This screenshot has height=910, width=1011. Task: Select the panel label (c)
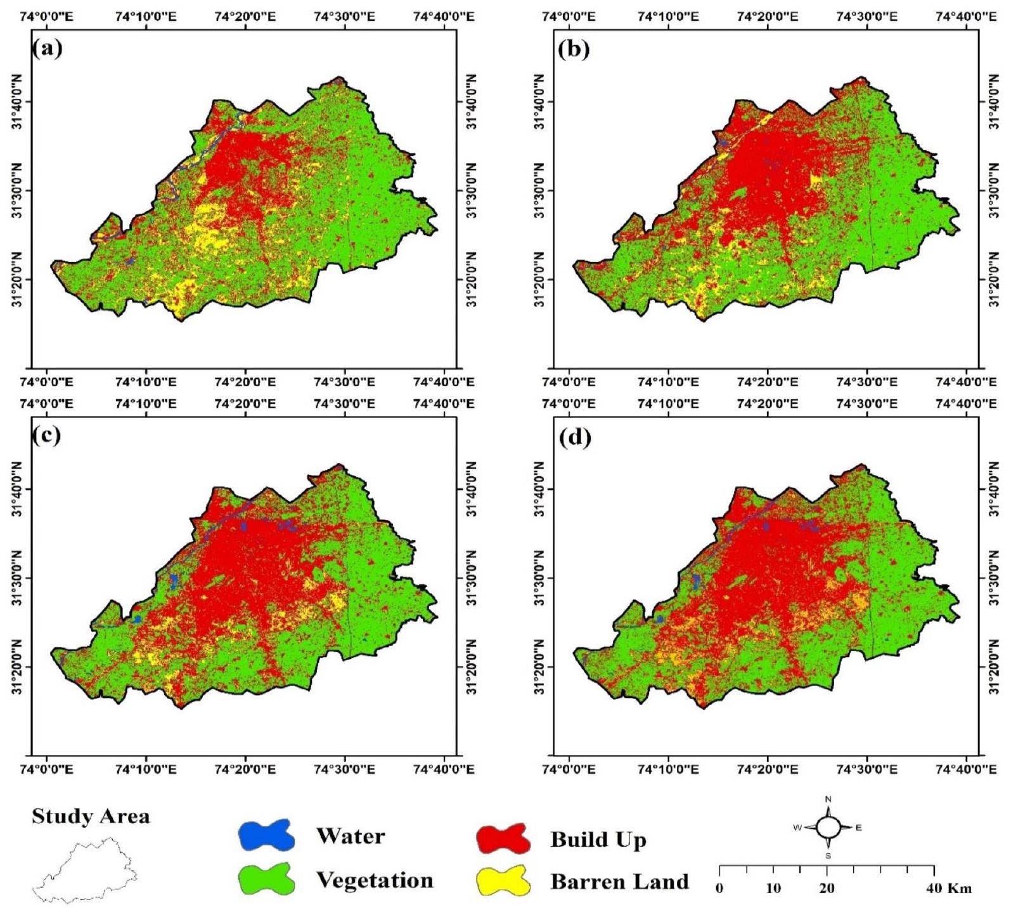click(x=48, y=436)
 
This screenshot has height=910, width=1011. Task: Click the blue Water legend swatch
click(x=266, y=835)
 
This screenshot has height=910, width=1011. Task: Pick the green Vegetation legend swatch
click(x=266, y=879)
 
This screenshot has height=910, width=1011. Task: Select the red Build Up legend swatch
click(x=503, y=839)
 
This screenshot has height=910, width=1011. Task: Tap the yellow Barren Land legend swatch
click(x=503, y=881)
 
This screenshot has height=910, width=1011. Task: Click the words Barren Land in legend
click(x=619, y=881)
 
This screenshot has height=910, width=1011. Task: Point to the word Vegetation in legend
click(x=375, y=880)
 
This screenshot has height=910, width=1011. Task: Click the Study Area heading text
click(x=91, y=816)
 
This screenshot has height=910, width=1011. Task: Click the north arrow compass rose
click(x=828, y=827)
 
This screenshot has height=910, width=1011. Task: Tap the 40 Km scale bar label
click(x=948, y=888)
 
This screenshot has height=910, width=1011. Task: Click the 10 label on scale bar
click(x=773, y=888)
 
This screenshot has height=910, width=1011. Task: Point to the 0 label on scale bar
click(x=720, y=888)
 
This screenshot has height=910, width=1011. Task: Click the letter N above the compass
click(x=828, y=799)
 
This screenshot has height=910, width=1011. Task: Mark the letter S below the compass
click(x=828, y=855)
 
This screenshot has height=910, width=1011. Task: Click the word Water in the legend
click(x=351, y=836)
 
